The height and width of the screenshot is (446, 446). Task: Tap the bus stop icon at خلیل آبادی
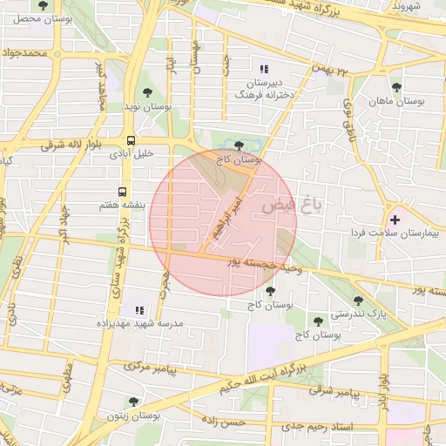click(x=131, y=139)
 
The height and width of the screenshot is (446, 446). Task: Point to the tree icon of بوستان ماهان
click(x=396, y=87)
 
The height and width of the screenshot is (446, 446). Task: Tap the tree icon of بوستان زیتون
click(x=133, y=402)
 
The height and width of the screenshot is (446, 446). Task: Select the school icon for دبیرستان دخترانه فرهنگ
click(x=264, y=68)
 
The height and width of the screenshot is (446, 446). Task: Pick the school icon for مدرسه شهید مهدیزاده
click(x=139, y=309)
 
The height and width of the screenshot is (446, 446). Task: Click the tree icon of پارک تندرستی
click(x=358, y=301)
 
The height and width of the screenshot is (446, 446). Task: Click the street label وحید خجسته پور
click(x=264, y=263)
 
